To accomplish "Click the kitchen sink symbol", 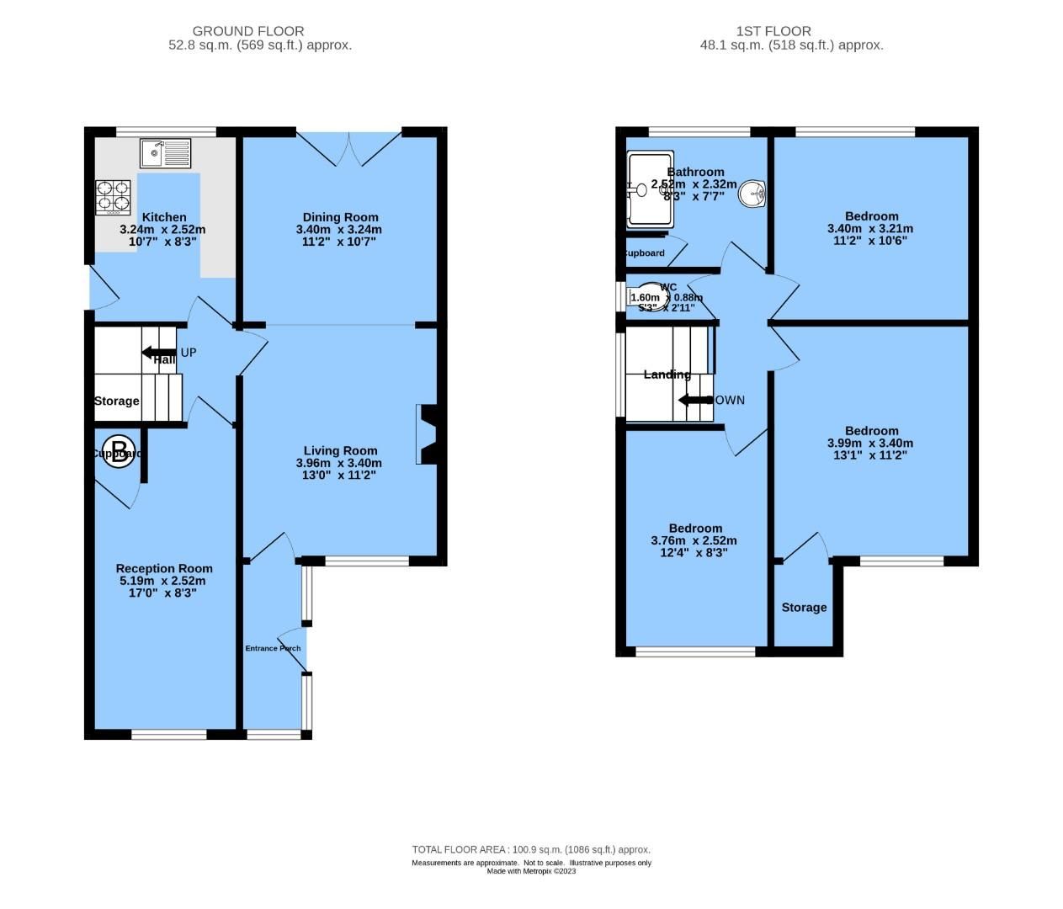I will (x=167, y=153).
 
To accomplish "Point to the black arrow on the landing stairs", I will (x=695, y=400).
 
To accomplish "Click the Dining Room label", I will (x=340, y=217).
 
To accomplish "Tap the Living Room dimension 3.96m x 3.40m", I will (x=338, y=463).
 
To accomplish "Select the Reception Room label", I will (x=164, y=568).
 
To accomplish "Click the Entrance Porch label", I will (x=273, y=648).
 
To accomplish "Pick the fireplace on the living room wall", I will (x=426, y=434).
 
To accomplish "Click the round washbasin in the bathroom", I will (x=752, y=194).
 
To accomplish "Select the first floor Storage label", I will (x=804, y=607).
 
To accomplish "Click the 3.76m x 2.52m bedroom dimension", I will (x=694, y=540).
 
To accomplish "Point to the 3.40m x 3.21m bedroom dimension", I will (x=870, y=228).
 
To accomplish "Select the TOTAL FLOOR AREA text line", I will (x=531, y=849).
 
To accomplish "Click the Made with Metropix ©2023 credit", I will (x=531, y=871).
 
